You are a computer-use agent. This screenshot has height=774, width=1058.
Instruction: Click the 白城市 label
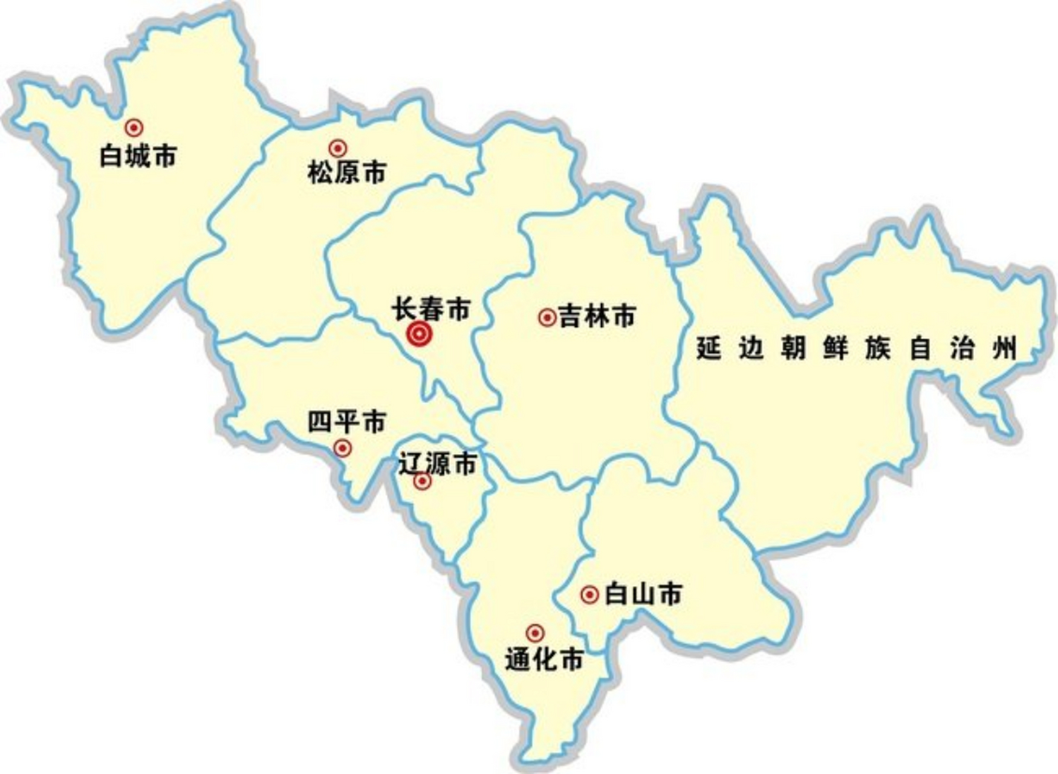pos(138,156)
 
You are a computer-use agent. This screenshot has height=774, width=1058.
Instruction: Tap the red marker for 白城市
pos(134,128)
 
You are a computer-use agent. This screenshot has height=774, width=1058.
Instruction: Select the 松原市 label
pos(346,173)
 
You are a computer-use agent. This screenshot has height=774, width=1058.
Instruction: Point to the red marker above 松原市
pos(337,148)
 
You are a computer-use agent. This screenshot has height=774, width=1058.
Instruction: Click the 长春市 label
pos(430,309)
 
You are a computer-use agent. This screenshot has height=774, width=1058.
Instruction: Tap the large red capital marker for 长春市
pos(419,334)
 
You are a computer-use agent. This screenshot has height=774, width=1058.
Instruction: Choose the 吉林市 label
pos(597,316)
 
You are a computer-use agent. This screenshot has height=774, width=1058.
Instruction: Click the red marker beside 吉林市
pos(547,317)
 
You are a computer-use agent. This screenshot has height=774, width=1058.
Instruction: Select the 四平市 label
pos(346,421)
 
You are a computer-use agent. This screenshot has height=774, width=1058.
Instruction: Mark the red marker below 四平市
pos(343,448)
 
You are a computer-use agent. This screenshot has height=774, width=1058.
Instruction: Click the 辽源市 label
pos(437,464)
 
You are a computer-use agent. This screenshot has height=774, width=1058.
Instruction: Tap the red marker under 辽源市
pos(422,481)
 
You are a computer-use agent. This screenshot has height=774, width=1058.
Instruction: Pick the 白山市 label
pos(643,594)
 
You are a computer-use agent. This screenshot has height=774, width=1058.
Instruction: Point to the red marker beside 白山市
pos(589,595)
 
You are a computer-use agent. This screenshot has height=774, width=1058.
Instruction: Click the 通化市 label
pos(544,659)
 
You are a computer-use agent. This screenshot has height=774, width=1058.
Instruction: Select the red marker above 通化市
pos(534,633)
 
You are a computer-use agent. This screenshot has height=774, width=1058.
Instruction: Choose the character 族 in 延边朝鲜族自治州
pos(877,348)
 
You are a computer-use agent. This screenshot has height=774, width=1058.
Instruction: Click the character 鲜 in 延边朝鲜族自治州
pos(835,348)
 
